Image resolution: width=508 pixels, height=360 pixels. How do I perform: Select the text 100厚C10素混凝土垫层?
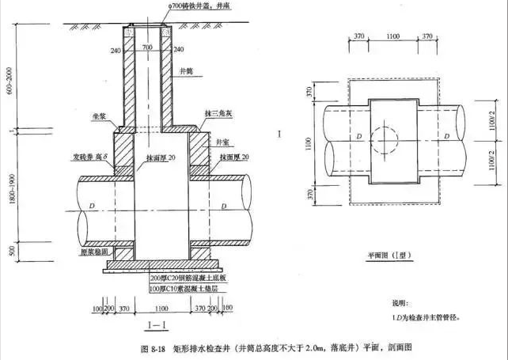pos(190,289)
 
